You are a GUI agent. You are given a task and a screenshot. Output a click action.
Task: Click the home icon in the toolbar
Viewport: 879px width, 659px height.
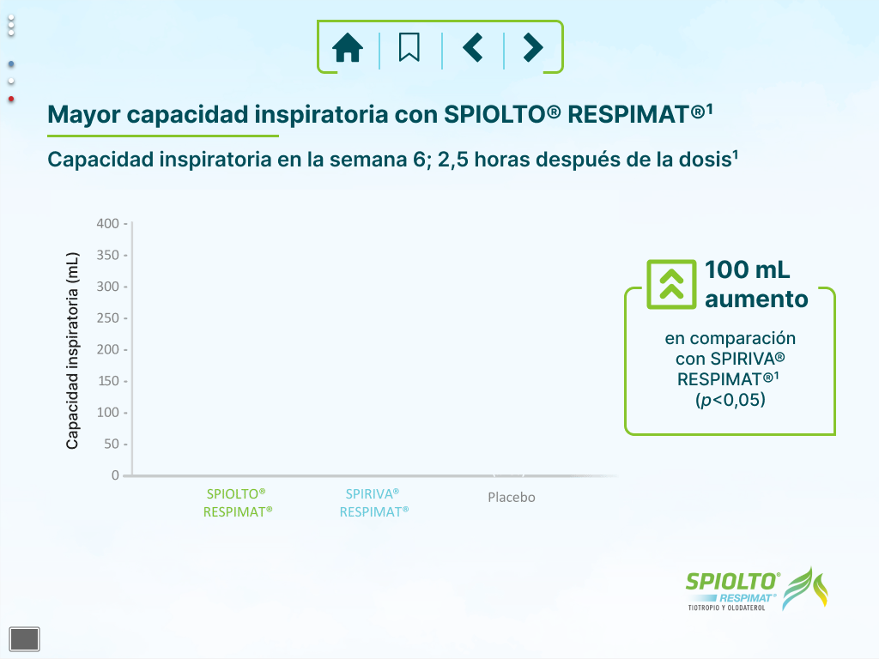(x=348, y=47)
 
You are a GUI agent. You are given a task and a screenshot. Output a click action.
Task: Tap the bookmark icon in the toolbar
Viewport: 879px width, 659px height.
(x=409, y=47)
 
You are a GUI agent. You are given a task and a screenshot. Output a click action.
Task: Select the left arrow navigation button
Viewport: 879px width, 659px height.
(x=473, y=47)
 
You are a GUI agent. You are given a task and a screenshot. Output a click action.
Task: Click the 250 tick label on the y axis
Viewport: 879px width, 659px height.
(x=107, y=317)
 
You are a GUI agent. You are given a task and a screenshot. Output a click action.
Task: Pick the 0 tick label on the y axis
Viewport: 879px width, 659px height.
(x=115, y=475)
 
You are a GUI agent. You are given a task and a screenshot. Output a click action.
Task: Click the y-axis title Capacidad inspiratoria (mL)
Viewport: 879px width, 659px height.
(x=72, y=351)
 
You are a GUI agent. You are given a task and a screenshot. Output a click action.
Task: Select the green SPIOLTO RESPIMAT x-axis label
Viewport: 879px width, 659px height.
(x=238, y=503)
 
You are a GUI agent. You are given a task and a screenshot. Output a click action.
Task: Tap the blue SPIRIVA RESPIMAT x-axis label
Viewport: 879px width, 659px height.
(x=374, y=503)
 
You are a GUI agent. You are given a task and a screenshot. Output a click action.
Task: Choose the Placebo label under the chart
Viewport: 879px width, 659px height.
(x=512, y=497)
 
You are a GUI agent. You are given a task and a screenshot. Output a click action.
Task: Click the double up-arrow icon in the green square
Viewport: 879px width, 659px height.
(x=671, y=284)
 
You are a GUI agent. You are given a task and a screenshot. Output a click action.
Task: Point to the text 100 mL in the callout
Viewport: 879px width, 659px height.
(x=748, y=269)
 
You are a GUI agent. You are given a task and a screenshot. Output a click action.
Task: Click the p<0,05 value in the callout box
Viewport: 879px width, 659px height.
(x=730, y=400)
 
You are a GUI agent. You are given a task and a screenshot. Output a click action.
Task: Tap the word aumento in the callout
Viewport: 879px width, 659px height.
(x=756, y=299)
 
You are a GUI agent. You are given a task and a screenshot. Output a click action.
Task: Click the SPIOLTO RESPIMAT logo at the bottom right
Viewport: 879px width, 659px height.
(x=757, y=589)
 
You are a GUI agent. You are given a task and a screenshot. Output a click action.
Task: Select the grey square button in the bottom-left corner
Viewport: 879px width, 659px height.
(x=25, y=638)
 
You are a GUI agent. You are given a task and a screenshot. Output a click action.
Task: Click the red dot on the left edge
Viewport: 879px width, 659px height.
(x=11, y=100)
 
